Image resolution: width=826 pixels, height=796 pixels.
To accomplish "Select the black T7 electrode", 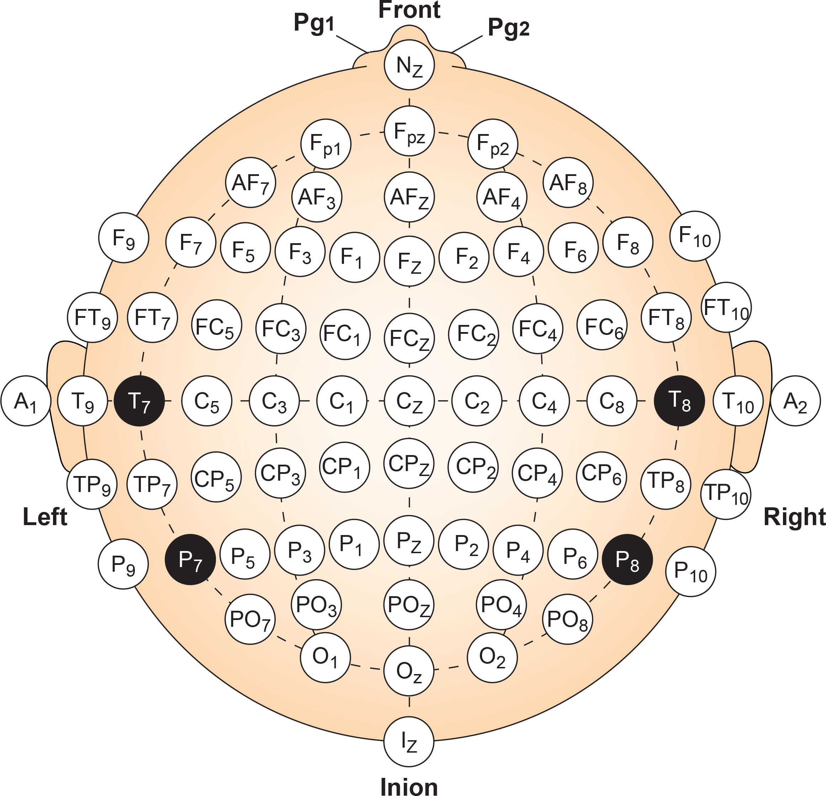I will click(x=139, y=401).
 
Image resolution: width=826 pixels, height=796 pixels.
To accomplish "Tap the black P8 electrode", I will click(x=627, y=559).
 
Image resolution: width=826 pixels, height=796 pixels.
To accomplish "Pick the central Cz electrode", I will click(x=409, y=401).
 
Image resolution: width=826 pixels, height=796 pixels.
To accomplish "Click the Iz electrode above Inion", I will click(x=408, y=742).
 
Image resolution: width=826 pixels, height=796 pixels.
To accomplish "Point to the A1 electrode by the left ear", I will click(x=26, y=401).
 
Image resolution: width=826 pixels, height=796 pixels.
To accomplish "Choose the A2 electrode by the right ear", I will click(x=795, y=401).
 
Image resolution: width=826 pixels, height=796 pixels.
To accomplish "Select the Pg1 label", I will click(x=314, y=23).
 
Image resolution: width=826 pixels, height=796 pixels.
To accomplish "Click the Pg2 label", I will click(x=508, y=28).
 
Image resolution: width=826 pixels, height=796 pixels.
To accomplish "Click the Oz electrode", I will click(x=408, y=671).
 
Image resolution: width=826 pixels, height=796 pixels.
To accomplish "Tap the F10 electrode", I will click(x=694, y=236).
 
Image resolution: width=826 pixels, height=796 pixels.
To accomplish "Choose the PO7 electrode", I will click(x=250, y=619).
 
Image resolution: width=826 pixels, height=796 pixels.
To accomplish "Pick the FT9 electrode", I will click(x=92, y=317).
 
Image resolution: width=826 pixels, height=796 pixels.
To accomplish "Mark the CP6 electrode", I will click(x=602, y=477).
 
